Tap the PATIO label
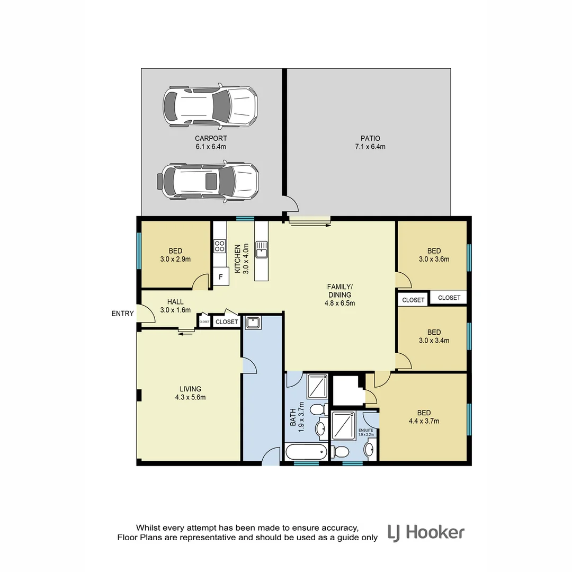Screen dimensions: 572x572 pyautogui.click(x=369, y=139)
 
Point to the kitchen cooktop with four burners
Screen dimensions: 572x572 pyautogui.click(x=220, y=246)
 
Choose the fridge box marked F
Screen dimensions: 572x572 pyautogui.click(x=220, y=276)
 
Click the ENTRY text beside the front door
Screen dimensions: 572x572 pyautogui.click(x=122, y=314)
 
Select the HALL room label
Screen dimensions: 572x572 pyautogui.click(x=175, y=302)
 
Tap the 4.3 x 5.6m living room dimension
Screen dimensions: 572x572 pyautogui.click(x=190, y=397)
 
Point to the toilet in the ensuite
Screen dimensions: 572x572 pyautogui.click(x=340, y=451)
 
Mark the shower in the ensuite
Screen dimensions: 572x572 pyautogui.click(x=346, y=426)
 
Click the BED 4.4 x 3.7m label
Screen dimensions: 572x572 pyautogui.click(x=424, y=417)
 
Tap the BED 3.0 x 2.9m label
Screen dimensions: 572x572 pyautogui.click(x=175, y=255)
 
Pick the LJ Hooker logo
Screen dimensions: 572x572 pyautogui.click(x=426, y=532)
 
